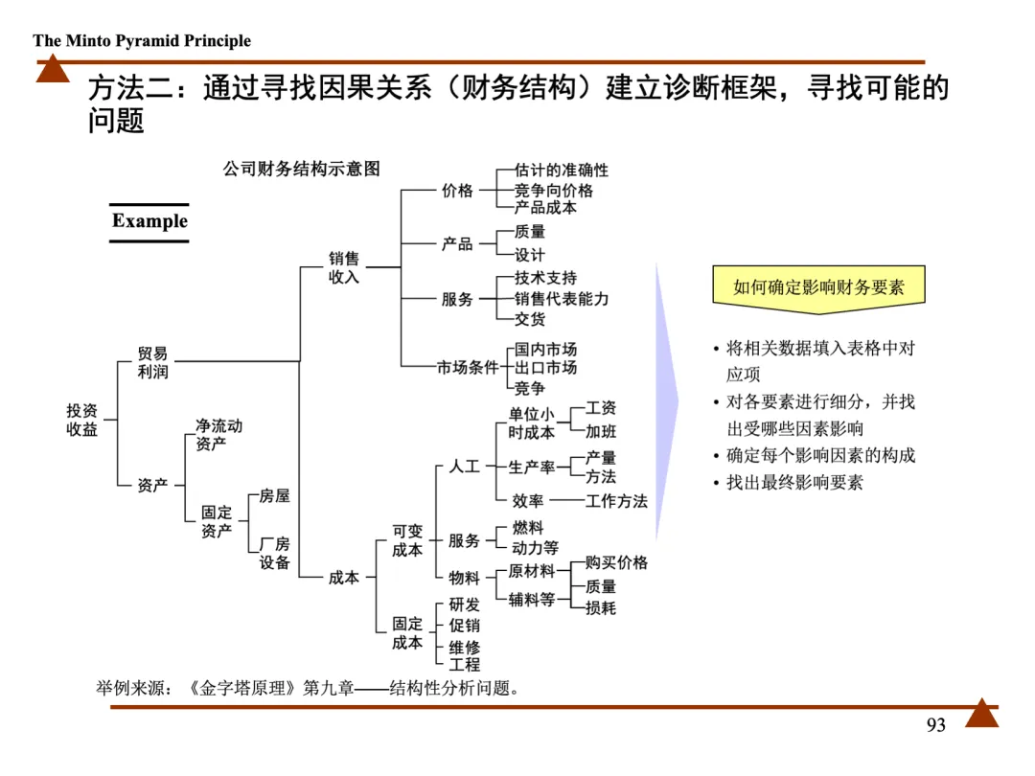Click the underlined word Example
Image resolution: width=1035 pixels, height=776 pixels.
[x=149, y=221]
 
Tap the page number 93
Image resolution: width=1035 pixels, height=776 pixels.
[x=935, y=725]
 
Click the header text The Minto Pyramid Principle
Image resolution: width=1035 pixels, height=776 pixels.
[x=142, y=40]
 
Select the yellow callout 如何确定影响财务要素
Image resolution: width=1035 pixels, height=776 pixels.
[x=818, y=286]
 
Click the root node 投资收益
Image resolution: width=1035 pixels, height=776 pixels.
[x=81, y=420]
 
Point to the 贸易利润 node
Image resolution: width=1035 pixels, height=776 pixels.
[x=152, y=362]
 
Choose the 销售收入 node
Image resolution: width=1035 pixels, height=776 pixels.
[x=344, y=267]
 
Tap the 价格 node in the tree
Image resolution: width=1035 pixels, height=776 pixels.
[x=457, y=191]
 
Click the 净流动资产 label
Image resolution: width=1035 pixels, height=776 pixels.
[x=218, y=434]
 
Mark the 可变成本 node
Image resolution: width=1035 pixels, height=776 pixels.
[x=407, y=540]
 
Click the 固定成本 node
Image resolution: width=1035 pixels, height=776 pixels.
[x=407, y=633]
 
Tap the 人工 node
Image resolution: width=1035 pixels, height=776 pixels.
[x=464, y=467]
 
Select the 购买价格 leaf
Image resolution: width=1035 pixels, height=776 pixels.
[x=616, y=562]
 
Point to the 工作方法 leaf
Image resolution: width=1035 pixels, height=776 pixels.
[x=616, y=501]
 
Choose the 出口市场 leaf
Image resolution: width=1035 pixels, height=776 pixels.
[x=545, y=368]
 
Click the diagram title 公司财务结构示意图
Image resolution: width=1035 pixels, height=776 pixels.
[x=302, y=169]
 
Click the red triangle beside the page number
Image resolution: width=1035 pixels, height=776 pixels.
[x=981, y=714]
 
